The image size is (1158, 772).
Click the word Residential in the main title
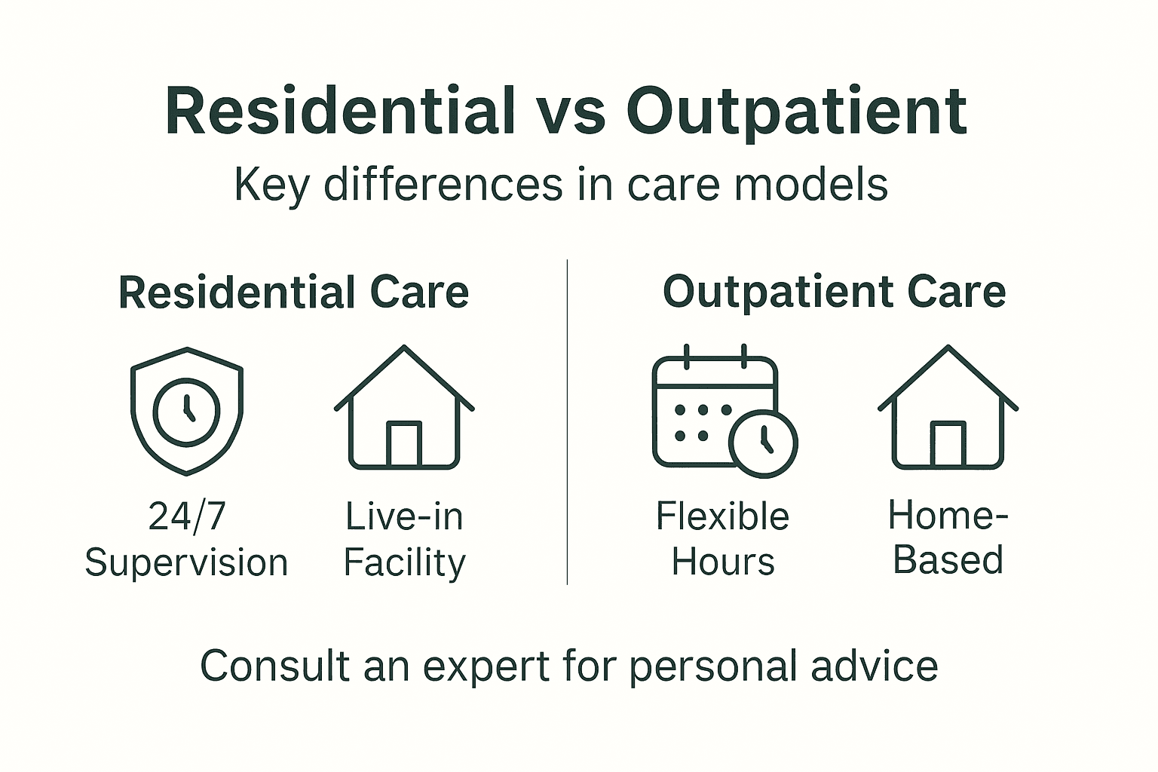point(340,111)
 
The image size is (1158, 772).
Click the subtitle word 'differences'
point(443,184)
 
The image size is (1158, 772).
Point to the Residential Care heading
point(293,293)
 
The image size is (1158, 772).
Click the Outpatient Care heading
point(834,292)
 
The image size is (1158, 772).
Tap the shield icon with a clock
point(187,411)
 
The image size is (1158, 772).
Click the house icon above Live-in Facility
point(404,408)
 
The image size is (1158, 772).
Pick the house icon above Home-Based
point(948,408)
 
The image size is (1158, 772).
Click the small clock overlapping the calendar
point(764,443)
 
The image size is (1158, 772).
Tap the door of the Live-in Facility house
point(404,444)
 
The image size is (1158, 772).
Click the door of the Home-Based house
point(948,444)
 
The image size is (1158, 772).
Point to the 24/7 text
point(187,516)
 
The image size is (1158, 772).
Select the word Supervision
point(186,563)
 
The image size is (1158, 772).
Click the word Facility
point(405,563)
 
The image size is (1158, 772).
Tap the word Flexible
point(722,516)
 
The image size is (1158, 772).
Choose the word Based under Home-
point(948,561)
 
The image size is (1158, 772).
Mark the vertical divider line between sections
point(567,422)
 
